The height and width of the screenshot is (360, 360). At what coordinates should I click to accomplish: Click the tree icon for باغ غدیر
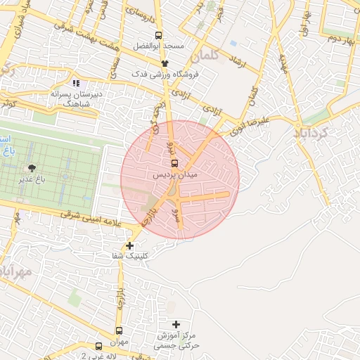(32, 168)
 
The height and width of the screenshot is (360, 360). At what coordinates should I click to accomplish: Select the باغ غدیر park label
(32, 179)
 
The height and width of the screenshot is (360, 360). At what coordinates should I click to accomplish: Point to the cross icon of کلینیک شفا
(129, 245)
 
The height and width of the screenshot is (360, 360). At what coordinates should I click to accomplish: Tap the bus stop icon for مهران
(119, 330)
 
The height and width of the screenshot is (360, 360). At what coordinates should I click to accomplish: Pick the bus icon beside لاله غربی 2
(98, 346)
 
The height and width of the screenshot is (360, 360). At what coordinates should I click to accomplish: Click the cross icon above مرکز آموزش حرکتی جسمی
(176, 323)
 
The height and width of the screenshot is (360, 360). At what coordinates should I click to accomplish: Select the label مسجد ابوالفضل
(160, 46)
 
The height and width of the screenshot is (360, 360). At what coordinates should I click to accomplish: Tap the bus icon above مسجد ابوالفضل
(159, 35)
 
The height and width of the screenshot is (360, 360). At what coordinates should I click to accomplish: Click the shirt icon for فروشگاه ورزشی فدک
(165, 63)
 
